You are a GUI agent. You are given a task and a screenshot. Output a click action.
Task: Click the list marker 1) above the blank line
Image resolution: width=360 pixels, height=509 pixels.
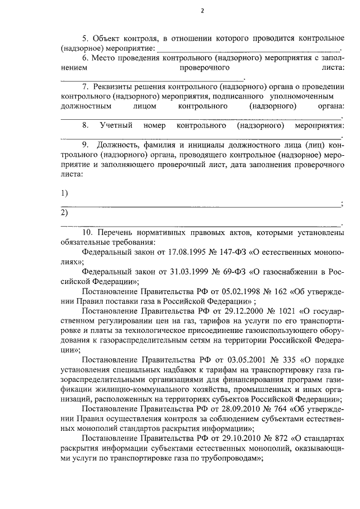[x=64, y=193]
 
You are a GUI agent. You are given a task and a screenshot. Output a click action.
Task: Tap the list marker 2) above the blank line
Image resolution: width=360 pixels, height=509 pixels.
[x=64, y=213]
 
